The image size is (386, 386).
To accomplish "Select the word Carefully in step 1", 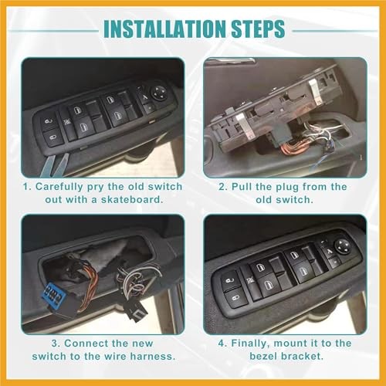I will (63, 186).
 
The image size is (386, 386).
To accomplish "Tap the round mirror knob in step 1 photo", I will (160, 90).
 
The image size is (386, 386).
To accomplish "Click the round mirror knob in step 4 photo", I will (342, 245).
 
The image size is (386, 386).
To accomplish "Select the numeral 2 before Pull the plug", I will (222, 186).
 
